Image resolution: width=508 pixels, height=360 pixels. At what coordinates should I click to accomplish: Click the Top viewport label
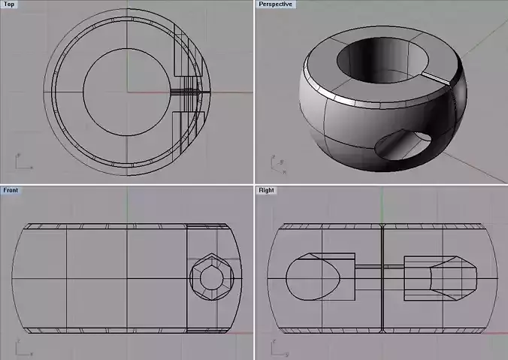pos(9,5)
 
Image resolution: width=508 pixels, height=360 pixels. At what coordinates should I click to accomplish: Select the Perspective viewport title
pos(275,5)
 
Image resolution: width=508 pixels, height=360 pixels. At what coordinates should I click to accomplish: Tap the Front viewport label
pos(11,190)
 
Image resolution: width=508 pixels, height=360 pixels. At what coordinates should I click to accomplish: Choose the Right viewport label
pos(267,190)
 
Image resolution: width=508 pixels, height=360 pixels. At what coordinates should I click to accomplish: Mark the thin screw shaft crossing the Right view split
pos(379,267)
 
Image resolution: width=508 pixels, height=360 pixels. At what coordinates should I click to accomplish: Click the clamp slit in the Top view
pos(188,92)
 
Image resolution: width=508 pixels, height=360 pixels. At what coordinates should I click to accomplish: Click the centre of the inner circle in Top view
pos(127,92)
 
